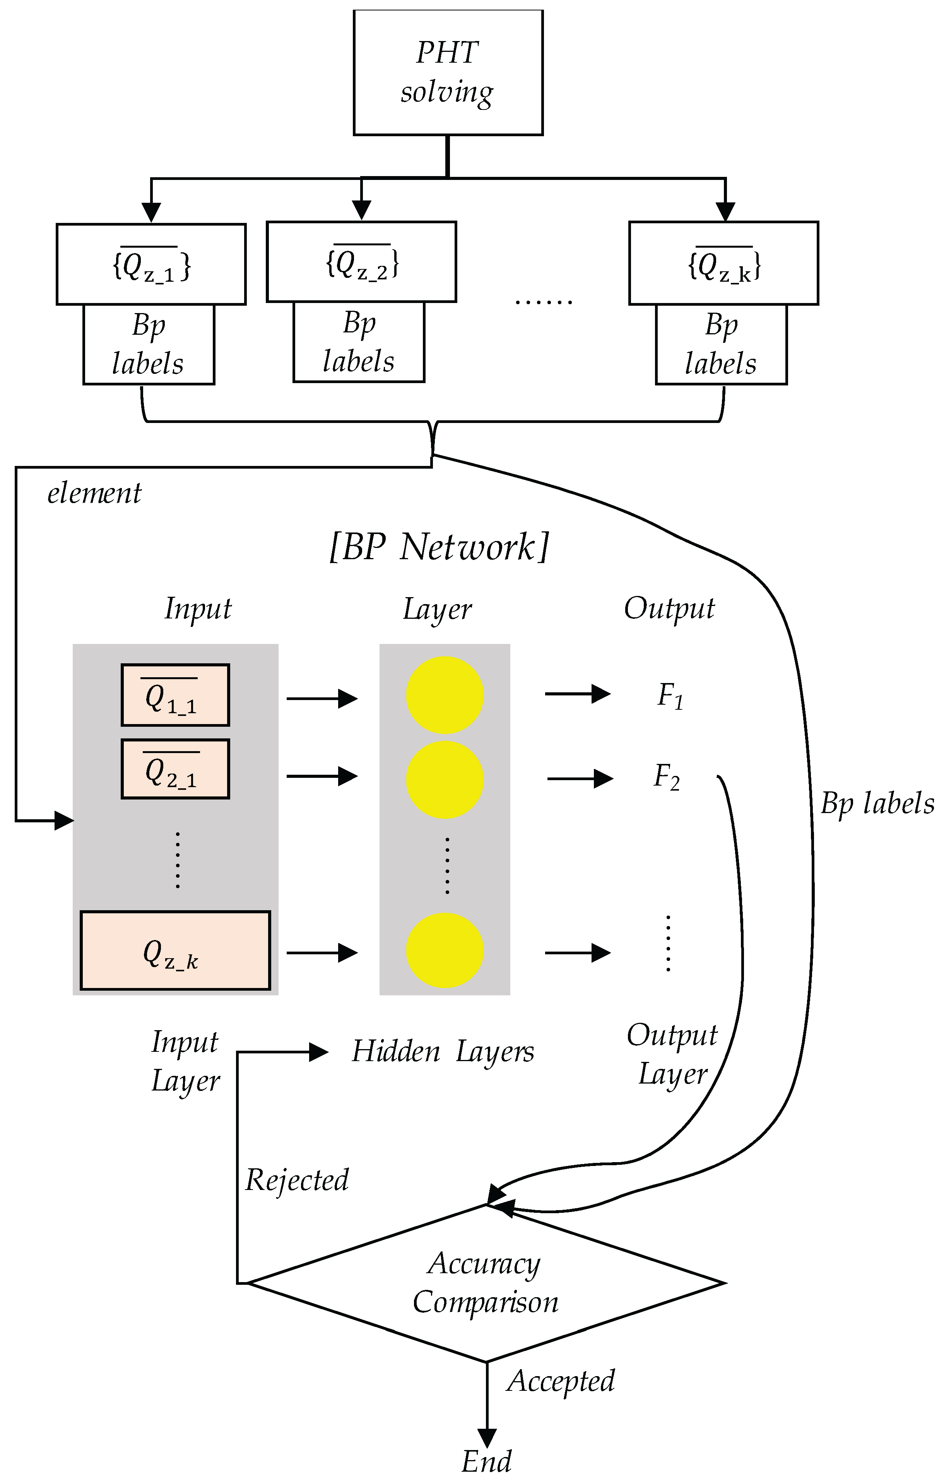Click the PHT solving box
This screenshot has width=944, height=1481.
point(448,73)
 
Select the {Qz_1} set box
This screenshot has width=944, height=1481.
point(151,264)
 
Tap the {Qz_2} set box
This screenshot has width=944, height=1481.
point(362,262)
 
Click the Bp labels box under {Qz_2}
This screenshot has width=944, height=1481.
point(359,342)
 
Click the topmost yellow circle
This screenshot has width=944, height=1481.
point(445,695)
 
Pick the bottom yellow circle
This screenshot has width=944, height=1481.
point(445,950)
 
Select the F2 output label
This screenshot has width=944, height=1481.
point(667,777)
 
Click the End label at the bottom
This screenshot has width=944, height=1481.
point(486,1461)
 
